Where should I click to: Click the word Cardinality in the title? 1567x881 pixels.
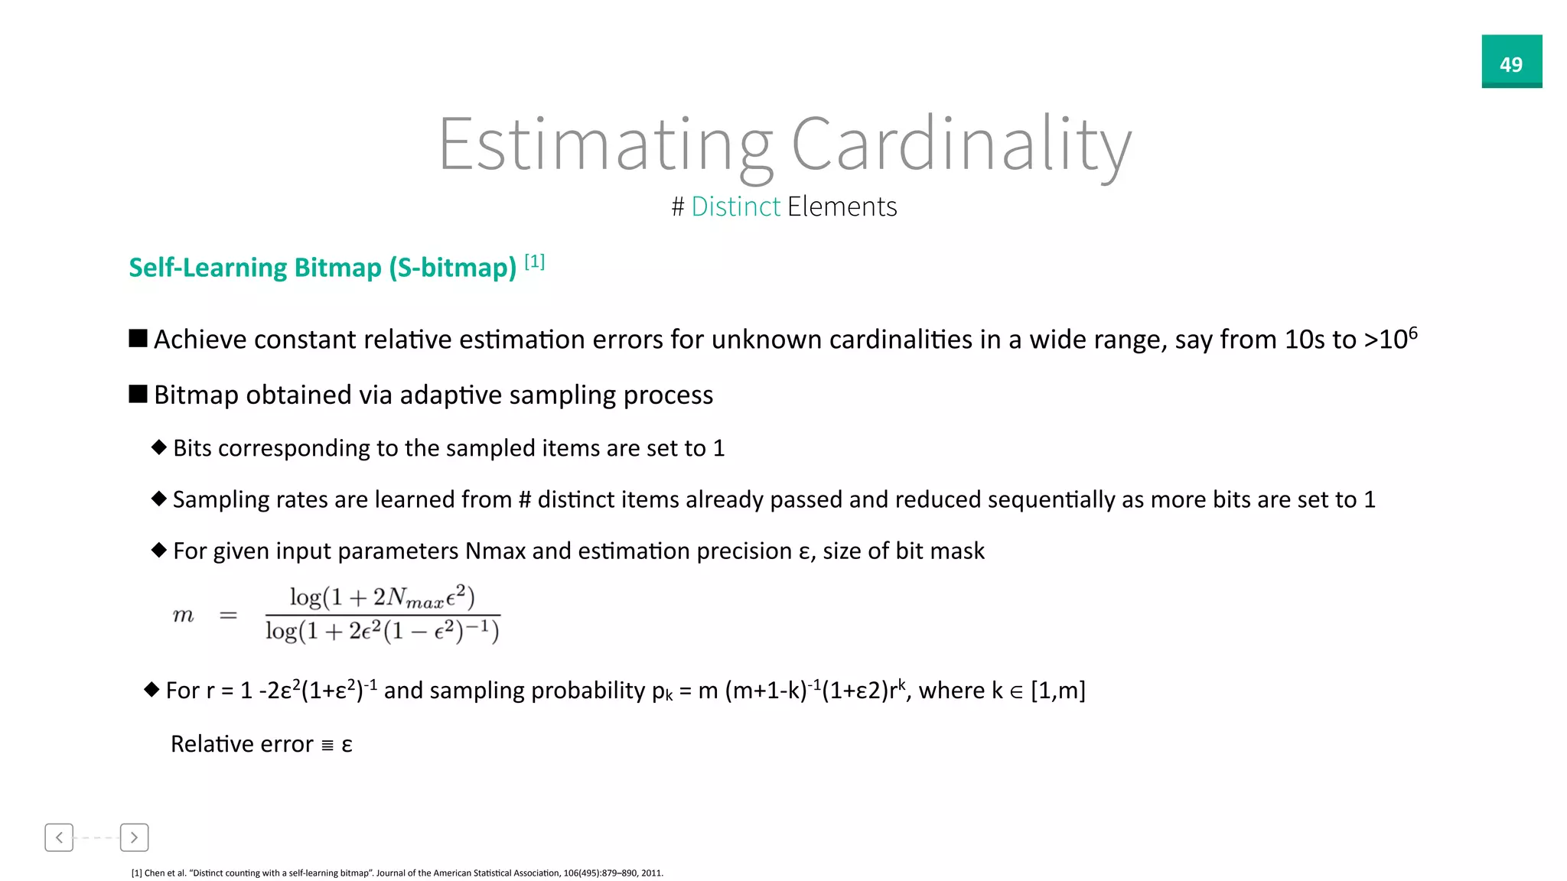pyautogui.click(x=960, y=145)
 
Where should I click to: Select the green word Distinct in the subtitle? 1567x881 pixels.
pyautogui.click(x=735, y=206)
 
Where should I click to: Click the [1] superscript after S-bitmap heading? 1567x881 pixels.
pyautogui.click(x=534, y=262)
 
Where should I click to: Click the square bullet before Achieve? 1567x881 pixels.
pyautogui.click(x=138, y=339)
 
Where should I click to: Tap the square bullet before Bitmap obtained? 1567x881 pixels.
pyautogui.click(x=138, y=395)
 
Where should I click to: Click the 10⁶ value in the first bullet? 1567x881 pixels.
pyautogui.click(x=1398, y=338)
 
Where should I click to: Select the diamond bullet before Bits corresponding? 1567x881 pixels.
pyautogui.click(x=159, y=447)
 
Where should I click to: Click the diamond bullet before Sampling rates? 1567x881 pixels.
pyautogui.click(x=159, y=499)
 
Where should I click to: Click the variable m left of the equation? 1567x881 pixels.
pyautogui.click(x=184, y=616)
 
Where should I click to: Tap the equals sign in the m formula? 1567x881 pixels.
pyautogui.click(x=228, y=616)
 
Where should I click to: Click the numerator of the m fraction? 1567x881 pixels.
pyautogui.click(x=382, y=597)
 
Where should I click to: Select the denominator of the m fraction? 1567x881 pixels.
pyautogui.click(x=382, y=632)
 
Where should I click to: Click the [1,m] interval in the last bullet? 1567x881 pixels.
pyautogui.click(x=1057, y=691)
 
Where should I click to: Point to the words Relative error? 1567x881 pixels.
pyautogui.click(x=242, y=744)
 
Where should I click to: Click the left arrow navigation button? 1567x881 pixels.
pyautogui.click(x=59, y=837)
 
